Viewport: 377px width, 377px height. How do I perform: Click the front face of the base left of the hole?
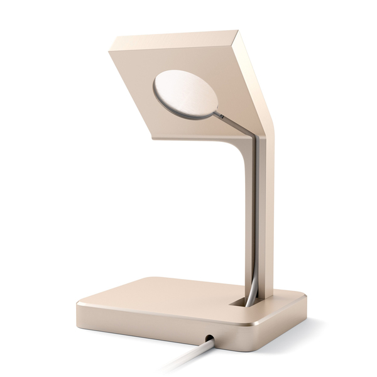click(x=138, y=327)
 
